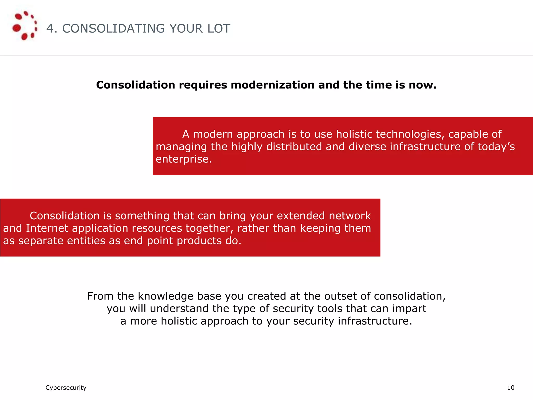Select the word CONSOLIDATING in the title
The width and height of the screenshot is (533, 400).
coord(113,28)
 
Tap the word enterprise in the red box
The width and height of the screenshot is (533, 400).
coord(183,159)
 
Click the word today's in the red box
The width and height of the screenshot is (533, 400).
coord(496,147)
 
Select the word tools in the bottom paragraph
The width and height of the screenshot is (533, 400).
coord(329,309)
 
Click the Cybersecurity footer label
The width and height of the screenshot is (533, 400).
coord(66,388)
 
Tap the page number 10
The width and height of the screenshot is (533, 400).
coord(511,388)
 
